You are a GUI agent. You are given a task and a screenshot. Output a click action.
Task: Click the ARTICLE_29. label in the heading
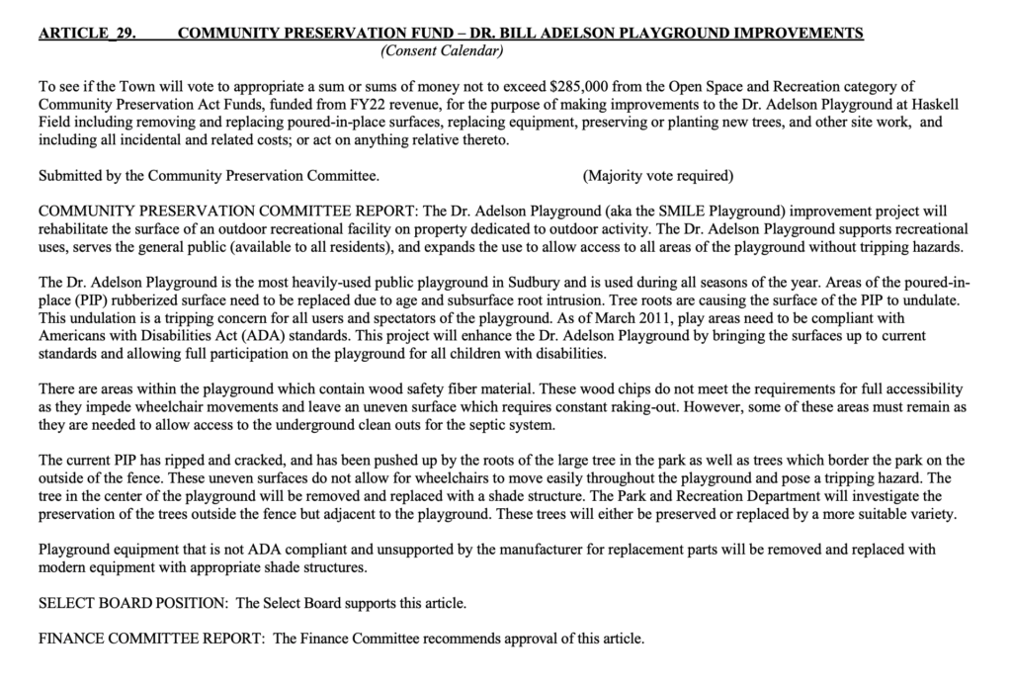(87, 34)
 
